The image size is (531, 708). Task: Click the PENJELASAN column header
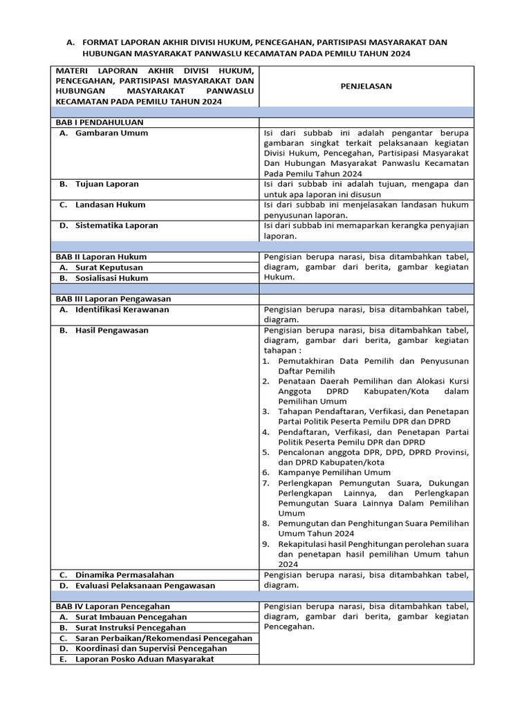point(366,86)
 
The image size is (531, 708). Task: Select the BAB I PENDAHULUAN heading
point(100,122)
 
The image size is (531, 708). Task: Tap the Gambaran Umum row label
point(111,133)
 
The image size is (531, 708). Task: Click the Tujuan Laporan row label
point(107,184)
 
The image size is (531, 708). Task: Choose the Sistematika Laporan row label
point(117,225)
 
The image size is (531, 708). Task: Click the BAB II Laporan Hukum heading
point(101,257)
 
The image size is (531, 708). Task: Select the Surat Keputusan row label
point(109,268)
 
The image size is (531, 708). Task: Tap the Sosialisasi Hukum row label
point(111,278)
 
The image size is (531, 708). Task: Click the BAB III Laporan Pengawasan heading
point(113,299)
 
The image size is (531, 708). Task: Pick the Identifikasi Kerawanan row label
point(122,310)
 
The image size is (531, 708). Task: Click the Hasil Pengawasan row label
point(112,330)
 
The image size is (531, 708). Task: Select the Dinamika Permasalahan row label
point(124,575)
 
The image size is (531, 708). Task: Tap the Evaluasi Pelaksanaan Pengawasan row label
point(145,586)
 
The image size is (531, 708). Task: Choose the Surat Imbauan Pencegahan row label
point(131,617)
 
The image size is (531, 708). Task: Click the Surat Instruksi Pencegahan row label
point(131,628)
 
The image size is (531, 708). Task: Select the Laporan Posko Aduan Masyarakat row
point(145,659)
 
